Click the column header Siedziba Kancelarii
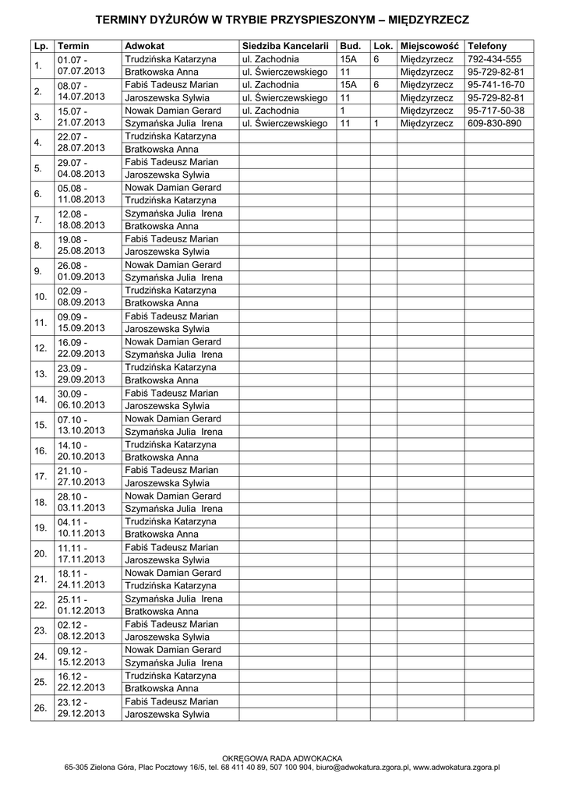point(284,47)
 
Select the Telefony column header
point(486,47)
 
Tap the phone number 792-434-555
point(494,59)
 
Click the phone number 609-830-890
point(494,123)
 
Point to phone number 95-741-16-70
point(496,85)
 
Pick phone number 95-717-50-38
point(496,111)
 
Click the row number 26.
point(41,708)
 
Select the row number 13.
point(41,374)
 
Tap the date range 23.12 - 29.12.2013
point(81,708)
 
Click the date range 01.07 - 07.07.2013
point(81,65)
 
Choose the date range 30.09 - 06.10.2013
point(81,400)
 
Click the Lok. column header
point(383,47)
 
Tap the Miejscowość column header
point(429,47)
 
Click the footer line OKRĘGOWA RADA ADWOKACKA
point(282,757)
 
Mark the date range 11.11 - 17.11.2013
point(81,553)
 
